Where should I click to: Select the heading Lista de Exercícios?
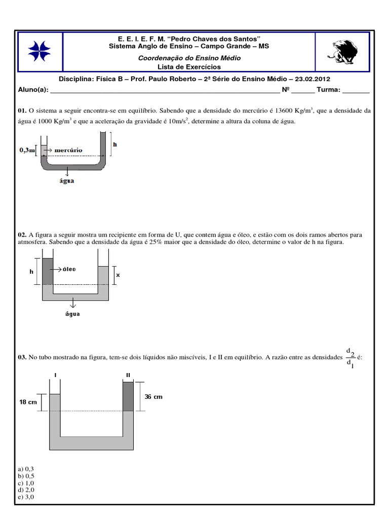pyautogui.click(x=189, y=66)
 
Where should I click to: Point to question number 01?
pyautogui.click(x=22, y=109)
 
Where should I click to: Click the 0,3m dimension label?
pyautogui.click(x=27, y=150)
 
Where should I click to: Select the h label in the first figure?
pyautogui.click(x=115, y=144)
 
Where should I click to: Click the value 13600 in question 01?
pyautogui.click(x=284, y=109)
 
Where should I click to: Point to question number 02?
pyautogui.click(x=22, y=235)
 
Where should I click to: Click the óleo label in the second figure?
pyautogui.click(x=69, y=269)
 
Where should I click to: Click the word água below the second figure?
pyautogui.click(x=73, y=314)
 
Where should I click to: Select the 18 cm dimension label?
pyautogui.click(x=28, y=402)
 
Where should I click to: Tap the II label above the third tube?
pyautogui.click(x=128, y=375)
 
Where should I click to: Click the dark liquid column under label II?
pyautogui.click(x=128, y=396)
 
